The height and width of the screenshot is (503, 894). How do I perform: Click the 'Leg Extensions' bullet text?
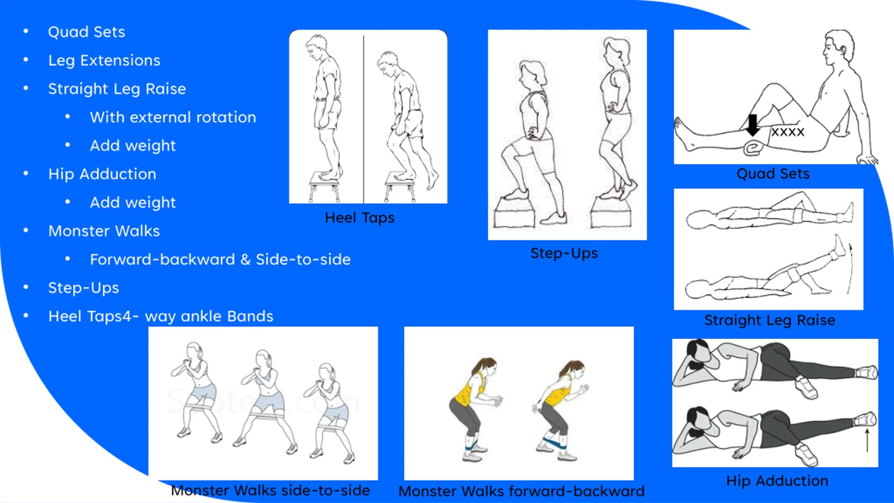(x=104, y=61)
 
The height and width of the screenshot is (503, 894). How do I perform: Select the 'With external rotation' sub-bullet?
(x=173, y=117)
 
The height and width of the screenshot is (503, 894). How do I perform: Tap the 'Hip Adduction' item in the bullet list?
(x=102, y=174)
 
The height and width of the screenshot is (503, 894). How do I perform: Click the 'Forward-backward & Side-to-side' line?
(x=220, y=260)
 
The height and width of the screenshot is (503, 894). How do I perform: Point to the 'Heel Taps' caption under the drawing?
(x=359, y=218)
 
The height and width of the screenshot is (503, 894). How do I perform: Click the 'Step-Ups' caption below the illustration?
(x=564, y=253)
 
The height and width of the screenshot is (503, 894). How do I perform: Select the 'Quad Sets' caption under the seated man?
(x=773, y=174)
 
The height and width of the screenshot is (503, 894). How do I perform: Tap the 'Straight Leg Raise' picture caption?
(x=770, y=320)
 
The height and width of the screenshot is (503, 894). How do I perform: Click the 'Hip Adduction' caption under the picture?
(x=777, y=481)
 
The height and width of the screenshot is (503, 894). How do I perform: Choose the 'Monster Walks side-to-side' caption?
(x=270, y=490)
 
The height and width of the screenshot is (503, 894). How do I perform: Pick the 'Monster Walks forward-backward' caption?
(x=521, y=491)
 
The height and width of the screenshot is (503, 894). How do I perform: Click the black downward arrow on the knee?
(x=753, y=125)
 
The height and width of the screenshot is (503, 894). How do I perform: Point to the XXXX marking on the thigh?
(x=787, y=132)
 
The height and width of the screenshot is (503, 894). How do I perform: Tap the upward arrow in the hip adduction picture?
(x=867, y=441)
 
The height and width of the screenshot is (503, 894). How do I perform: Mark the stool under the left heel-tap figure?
(x=324, y=187)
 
